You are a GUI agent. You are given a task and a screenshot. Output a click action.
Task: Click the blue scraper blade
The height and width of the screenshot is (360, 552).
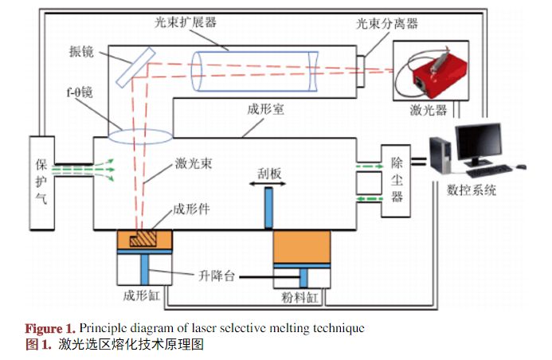(x=269, y=206)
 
